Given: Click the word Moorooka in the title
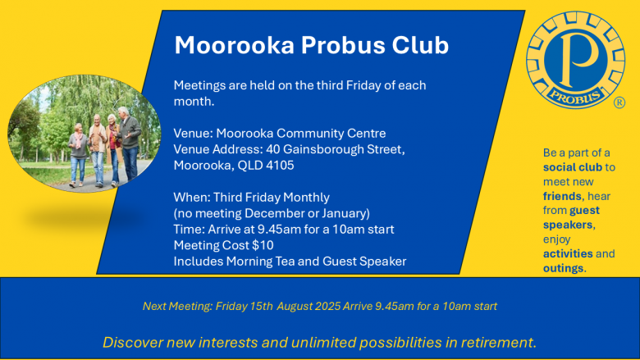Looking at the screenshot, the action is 235,45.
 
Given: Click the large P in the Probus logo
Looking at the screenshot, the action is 578,58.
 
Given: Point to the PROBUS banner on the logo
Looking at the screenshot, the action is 575,97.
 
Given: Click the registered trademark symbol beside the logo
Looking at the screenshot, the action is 619,103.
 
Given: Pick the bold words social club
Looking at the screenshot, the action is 573,167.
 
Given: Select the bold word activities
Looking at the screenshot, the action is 568,253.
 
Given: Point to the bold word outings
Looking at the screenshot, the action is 563,268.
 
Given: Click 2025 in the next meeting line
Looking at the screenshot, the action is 327,306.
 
